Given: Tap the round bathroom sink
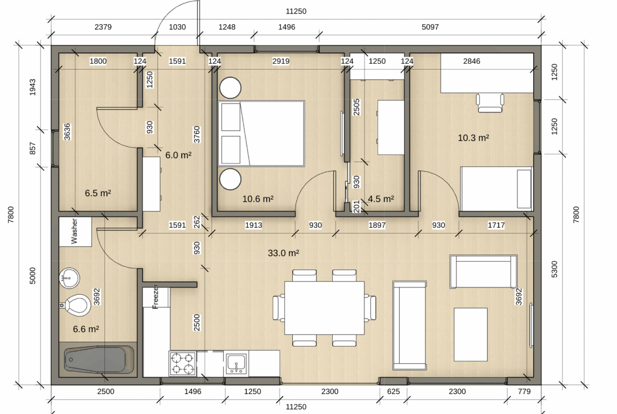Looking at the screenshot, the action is coord(70,278).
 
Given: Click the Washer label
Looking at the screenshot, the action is coord(74,231).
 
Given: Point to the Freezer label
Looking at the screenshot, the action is coord(156,296).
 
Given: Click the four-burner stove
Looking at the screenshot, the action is coord(182,363).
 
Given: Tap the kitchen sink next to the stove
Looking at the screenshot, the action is coord(236,363).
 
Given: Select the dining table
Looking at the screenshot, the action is coord(324,307).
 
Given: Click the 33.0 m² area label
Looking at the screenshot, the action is coord(283,253).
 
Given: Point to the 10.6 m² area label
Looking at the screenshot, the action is coord(258,199).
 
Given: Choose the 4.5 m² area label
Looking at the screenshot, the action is coord(381,199).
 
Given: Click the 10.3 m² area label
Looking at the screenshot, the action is coord(474,138).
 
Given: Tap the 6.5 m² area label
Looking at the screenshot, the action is coord(98,193).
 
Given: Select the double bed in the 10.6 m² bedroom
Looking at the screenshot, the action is coord(261,133).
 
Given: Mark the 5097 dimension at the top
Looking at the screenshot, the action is coord(430,27).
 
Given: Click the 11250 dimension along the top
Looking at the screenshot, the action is coord(296,12).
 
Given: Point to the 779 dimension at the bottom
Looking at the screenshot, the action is coord(524,391).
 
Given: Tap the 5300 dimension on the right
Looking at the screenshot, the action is coord(554,269).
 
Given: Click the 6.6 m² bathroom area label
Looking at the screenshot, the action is coord(86,329).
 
